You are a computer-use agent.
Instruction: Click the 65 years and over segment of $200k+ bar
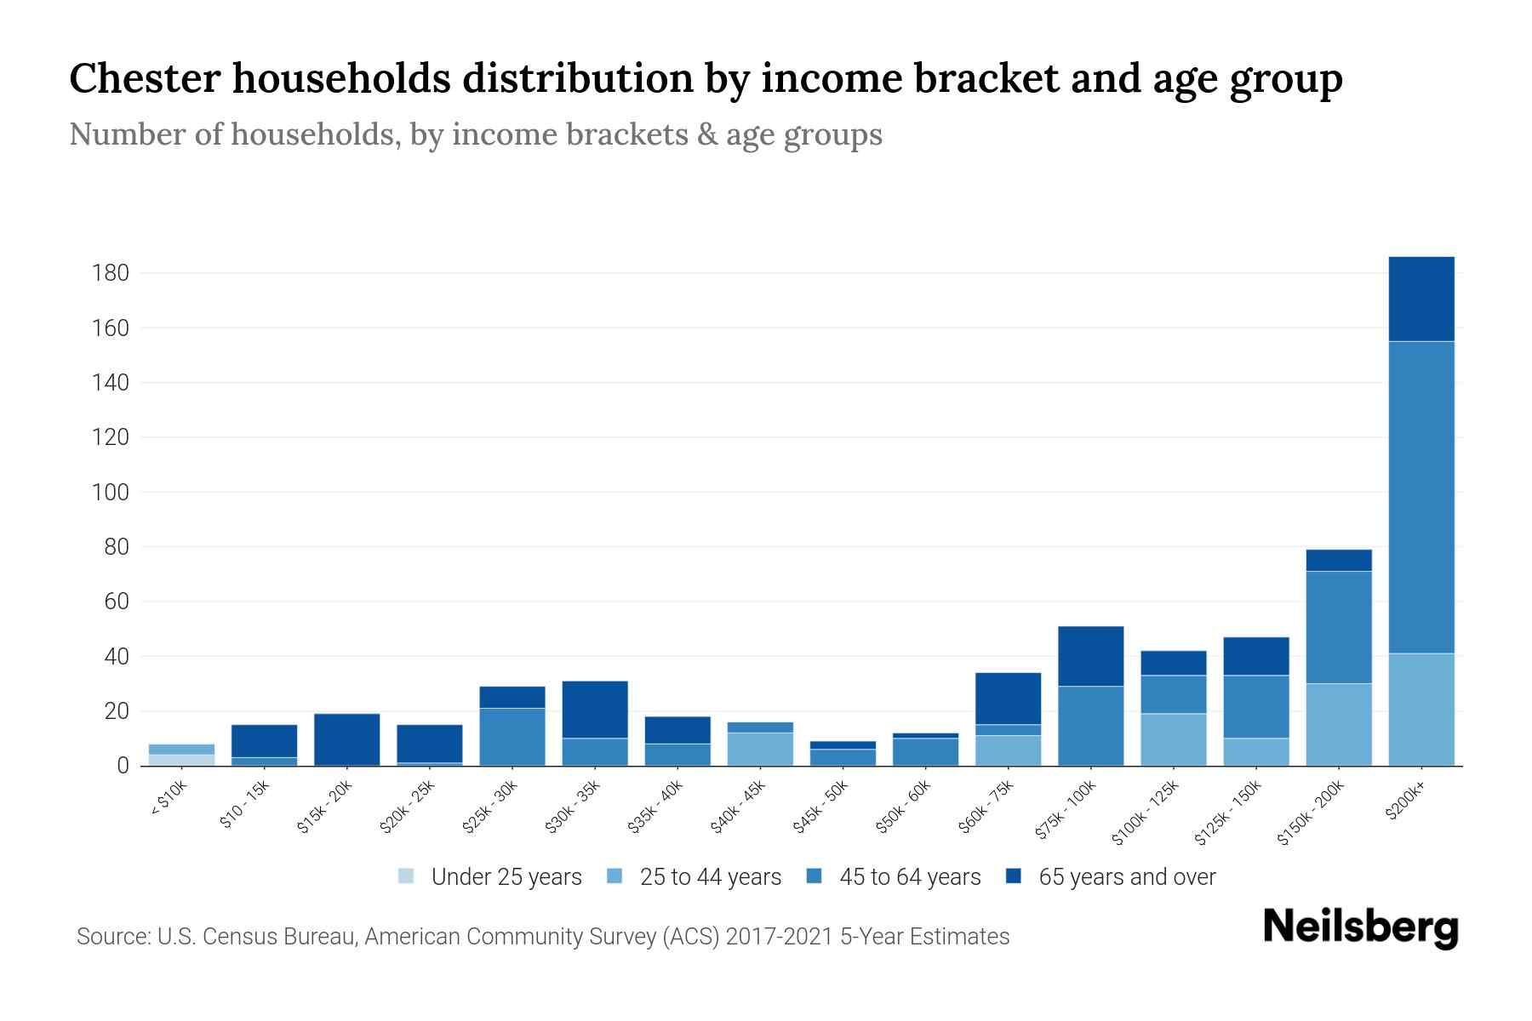1421,299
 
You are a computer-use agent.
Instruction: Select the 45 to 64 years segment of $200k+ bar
1421,497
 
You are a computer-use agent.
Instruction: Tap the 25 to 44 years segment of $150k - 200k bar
1338,724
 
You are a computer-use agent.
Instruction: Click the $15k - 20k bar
346,739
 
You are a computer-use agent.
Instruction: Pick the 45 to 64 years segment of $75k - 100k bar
1090,726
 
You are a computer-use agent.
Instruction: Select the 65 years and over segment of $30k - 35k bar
595,710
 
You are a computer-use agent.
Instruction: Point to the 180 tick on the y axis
111,273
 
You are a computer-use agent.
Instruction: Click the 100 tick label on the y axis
111,493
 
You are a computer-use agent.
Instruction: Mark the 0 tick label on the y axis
123,766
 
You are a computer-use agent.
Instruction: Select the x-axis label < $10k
168,800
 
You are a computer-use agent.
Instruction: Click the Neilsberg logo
1360,927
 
